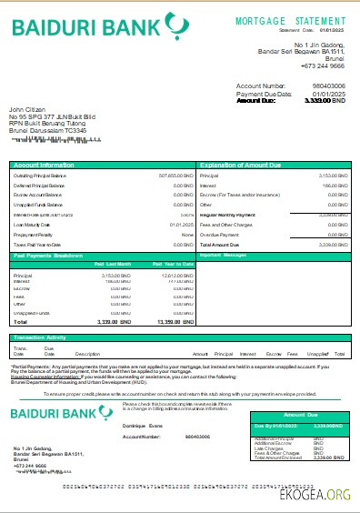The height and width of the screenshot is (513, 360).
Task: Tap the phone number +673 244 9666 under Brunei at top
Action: pos(325,66)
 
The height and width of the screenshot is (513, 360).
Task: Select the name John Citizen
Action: pos(27,108)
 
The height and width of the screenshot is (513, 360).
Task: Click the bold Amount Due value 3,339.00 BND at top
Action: pos(328,101)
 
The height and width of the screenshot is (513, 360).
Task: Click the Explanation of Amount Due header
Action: pos(255,164)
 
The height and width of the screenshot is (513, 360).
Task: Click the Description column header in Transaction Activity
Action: pos(87,353)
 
